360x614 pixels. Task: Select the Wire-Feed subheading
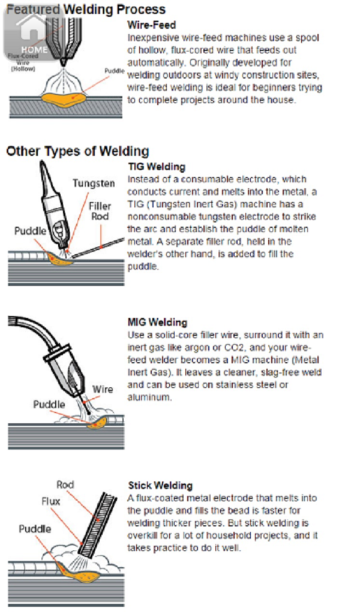tap(152, 26)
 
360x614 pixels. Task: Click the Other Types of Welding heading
tap(77, 151)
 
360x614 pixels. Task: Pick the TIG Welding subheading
tap(157, 167)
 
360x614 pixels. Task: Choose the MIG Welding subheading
tap(158, 323)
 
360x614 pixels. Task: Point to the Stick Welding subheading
tap(160, 485)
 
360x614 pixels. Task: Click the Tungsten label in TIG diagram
tap(94, 183)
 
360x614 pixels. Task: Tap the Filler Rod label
tap(100, 212)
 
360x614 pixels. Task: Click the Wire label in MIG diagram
tap(102, 389)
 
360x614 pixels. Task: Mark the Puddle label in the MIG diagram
tap(49, 404)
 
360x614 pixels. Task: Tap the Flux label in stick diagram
tap(50, 501)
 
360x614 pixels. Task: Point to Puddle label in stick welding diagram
tap(35, 529)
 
